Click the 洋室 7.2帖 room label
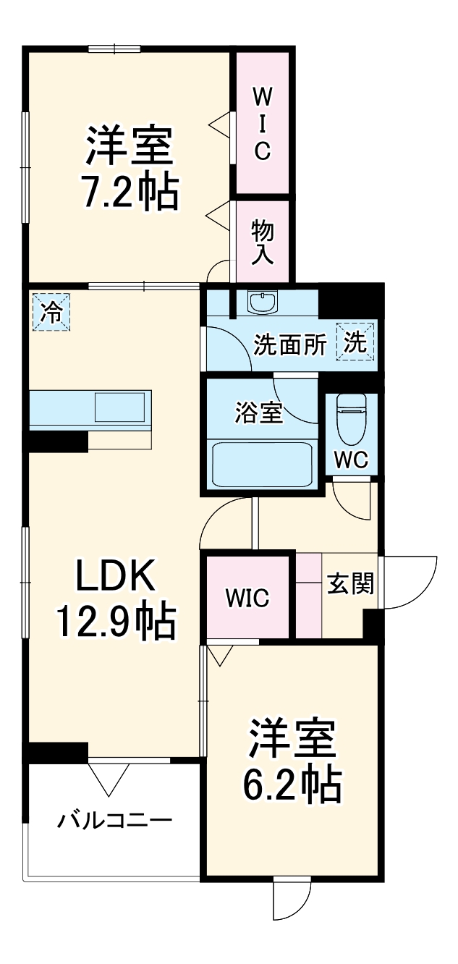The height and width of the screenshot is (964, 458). tap(130, 167)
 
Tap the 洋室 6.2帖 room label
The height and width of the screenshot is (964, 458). tap(292, 760)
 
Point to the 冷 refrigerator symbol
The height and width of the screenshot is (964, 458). tap(51, 312)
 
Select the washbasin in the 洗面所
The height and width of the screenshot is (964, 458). tap(261, 302)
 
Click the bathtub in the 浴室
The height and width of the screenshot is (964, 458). tap(262, 463)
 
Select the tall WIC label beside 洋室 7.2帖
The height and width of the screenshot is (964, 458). tap(262, 122)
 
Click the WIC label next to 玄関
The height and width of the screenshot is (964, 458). tap(247, 599)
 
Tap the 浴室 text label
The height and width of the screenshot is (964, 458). tap(258, 414)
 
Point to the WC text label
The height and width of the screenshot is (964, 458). tap(351, 459)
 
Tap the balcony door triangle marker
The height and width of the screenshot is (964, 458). tap(109, 777)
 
